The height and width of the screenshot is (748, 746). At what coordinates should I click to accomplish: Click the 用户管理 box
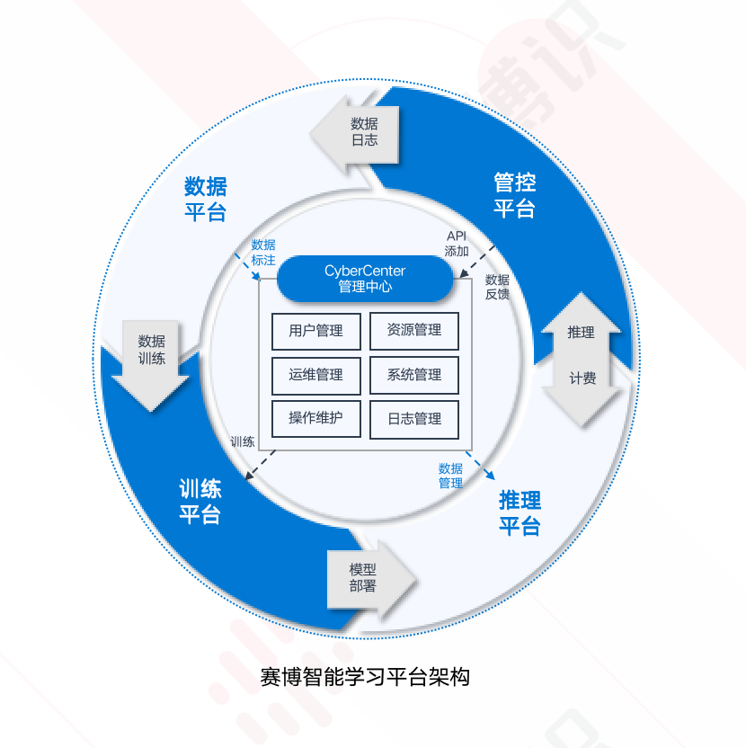pos(315,331)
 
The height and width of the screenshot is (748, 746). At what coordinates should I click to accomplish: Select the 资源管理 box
pos(413,331)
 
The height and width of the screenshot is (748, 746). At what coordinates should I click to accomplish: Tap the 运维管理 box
pos(315,375)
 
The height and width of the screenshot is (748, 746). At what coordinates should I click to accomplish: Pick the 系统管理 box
pos(413,375)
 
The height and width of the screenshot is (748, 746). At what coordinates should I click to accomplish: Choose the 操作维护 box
pos(315,419)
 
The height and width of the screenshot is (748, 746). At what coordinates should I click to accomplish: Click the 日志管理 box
pos(413,419)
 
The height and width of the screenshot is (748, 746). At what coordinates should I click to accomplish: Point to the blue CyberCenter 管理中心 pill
pos(365,279)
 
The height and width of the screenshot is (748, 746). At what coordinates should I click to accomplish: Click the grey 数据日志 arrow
pos(359,132)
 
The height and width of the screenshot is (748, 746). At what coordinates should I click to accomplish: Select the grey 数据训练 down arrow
pos(151,355)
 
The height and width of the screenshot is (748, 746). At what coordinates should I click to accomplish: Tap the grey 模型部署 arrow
pos(369,578)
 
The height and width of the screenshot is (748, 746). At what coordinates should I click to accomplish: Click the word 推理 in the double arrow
pos(582,333)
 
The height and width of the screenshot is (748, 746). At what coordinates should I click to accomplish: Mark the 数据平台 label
pos(205,199)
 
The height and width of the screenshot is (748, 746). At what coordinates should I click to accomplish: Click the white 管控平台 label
pos(515,196)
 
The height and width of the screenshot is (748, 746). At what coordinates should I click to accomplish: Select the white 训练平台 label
pos(200,502)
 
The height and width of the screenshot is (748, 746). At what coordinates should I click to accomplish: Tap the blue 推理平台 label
pos(520,512)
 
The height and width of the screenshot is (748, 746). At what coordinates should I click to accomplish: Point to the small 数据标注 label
pos(263,252)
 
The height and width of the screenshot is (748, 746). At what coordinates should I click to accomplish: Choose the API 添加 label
pos(457,244)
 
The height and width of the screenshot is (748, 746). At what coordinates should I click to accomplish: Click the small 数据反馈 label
pos(497,287)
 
